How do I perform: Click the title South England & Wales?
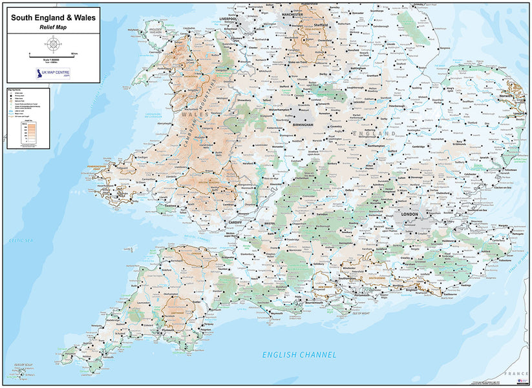point(52,17)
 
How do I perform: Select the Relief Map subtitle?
point(52,28)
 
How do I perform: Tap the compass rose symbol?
point(53,44)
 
